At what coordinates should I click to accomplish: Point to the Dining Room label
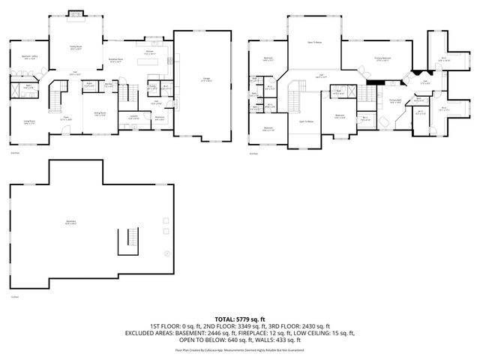click(x=100, y=114)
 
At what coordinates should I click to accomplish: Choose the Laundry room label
click(x=134, y=116)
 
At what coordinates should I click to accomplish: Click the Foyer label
click(x=66, y=118)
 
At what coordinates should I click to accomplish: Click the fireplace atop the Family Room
click(x=76, y=13)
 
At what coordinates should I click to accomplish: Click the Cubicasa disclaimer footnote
click(x=240, y=349)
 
